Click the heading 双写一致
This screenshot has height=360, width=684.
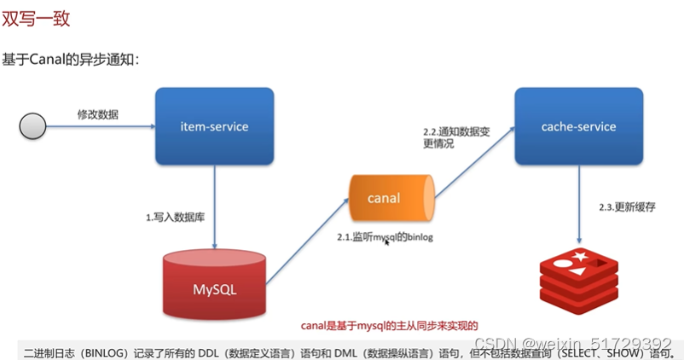click(x=37, y=18)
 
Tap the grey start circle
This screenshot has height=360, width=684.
click(x=32, y=127)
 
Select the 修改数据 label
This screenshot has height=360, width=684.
click(x=98, y=114)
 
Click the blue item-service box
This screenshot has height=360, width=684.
click(x=214, y=126)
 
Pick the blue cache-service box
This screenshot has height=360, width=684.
click(x=578, y=126)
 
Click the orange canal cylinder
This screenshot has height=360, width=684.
click(x=391, y=199)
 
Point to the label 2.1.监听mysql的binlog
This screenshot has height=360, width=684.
click(x=385, y=236)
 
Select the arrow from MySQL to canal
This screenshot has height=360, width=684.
click(x=307, y=235)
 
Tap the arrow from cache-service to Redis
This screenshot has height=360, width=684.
click(x=580, y=205)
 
